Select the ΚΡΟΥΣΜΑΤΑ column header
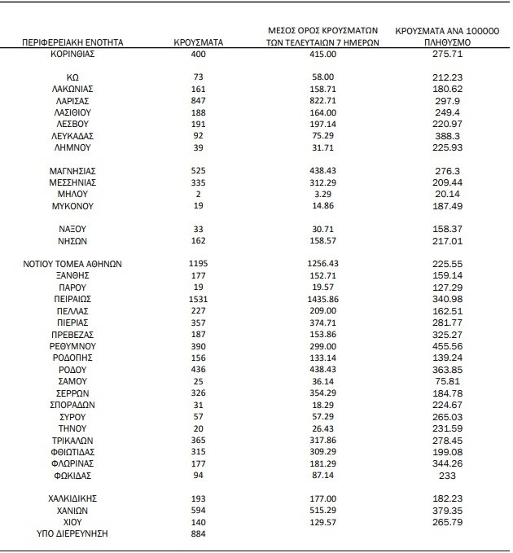pos(199,41)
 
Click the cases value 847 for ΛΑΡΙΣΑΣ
pos(199,100)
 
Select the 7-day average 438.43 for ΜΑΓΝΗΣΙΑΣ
pos(323,171)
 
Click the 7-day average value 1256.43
pos(323,265)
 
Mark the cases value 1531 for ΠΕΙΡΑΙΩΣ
pos(199,300)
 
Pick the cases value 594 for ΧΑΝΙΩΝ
pos(199,510)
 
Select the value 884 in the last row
pos(199,533)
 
